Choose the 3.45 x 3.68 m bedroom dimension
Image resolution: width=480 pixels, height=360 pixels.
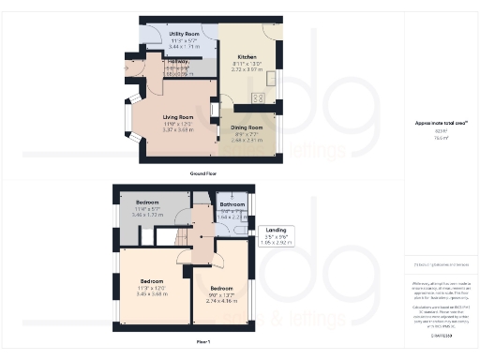point(152,293)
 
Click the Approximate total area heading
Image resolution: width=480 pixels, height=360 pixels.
point(434,123)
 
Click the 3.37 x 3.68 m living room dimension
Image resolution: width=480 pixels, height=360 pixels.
point(172,129)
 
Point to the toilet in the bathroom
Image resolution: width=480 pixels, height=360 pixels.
point(242,224)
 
